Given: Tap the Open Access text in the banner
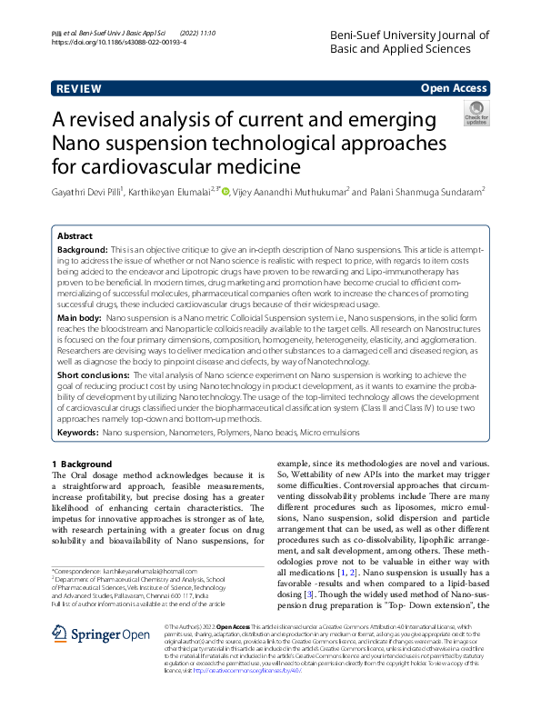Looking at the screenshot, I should click(454, 88).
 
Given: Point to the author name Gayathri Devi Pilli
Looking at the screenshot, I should click(86, 192).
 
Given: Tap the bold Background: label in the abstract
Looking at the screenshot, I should click(83, 248).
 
